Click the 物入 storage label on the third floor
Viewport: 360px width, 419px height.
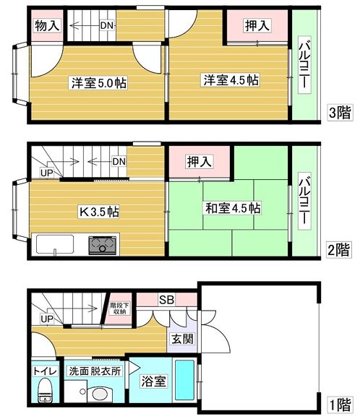tap(47, 26)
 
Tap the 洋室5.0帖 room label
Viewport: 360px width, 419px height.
tap(99, 83)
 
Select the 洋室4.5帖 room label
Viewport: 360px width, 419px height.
tap(231, 80)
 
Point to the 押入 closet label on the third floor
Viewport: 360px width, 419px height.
tap(257, 26)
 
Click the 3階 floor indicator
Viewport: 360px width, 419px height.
tap(340, 112)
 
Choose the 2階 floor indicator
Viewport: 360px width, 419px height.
tap(339, 250)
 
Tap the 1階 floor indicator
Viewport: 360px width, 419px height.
tap(340, 405)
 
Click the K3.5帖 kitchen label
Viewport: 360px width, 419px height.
tap(100, 212)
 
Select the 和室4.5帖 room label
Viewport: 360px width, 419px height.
tap(233, 209)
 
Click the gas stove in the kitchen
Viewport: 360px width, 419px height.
tap(102, 245)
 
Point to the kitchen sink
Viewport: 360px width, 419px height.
tap(55, 244)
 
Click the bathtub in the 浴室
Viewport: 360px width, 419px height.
tap(184, 380)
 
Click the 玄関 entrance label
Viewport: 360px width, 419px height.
tap(182, 339)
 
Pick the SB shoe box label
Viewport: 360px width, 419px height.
tap(167, 300)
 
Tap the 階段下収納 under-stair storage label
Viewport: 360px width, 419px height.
tap(120, 308)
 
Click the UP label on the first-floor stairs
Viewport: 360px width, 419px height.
tap(47, 319)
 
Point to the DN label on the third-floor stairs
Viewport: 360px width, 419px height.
tap(107, 26)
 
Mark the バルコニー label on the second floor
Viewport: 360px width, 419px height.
tap(304, 201)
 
